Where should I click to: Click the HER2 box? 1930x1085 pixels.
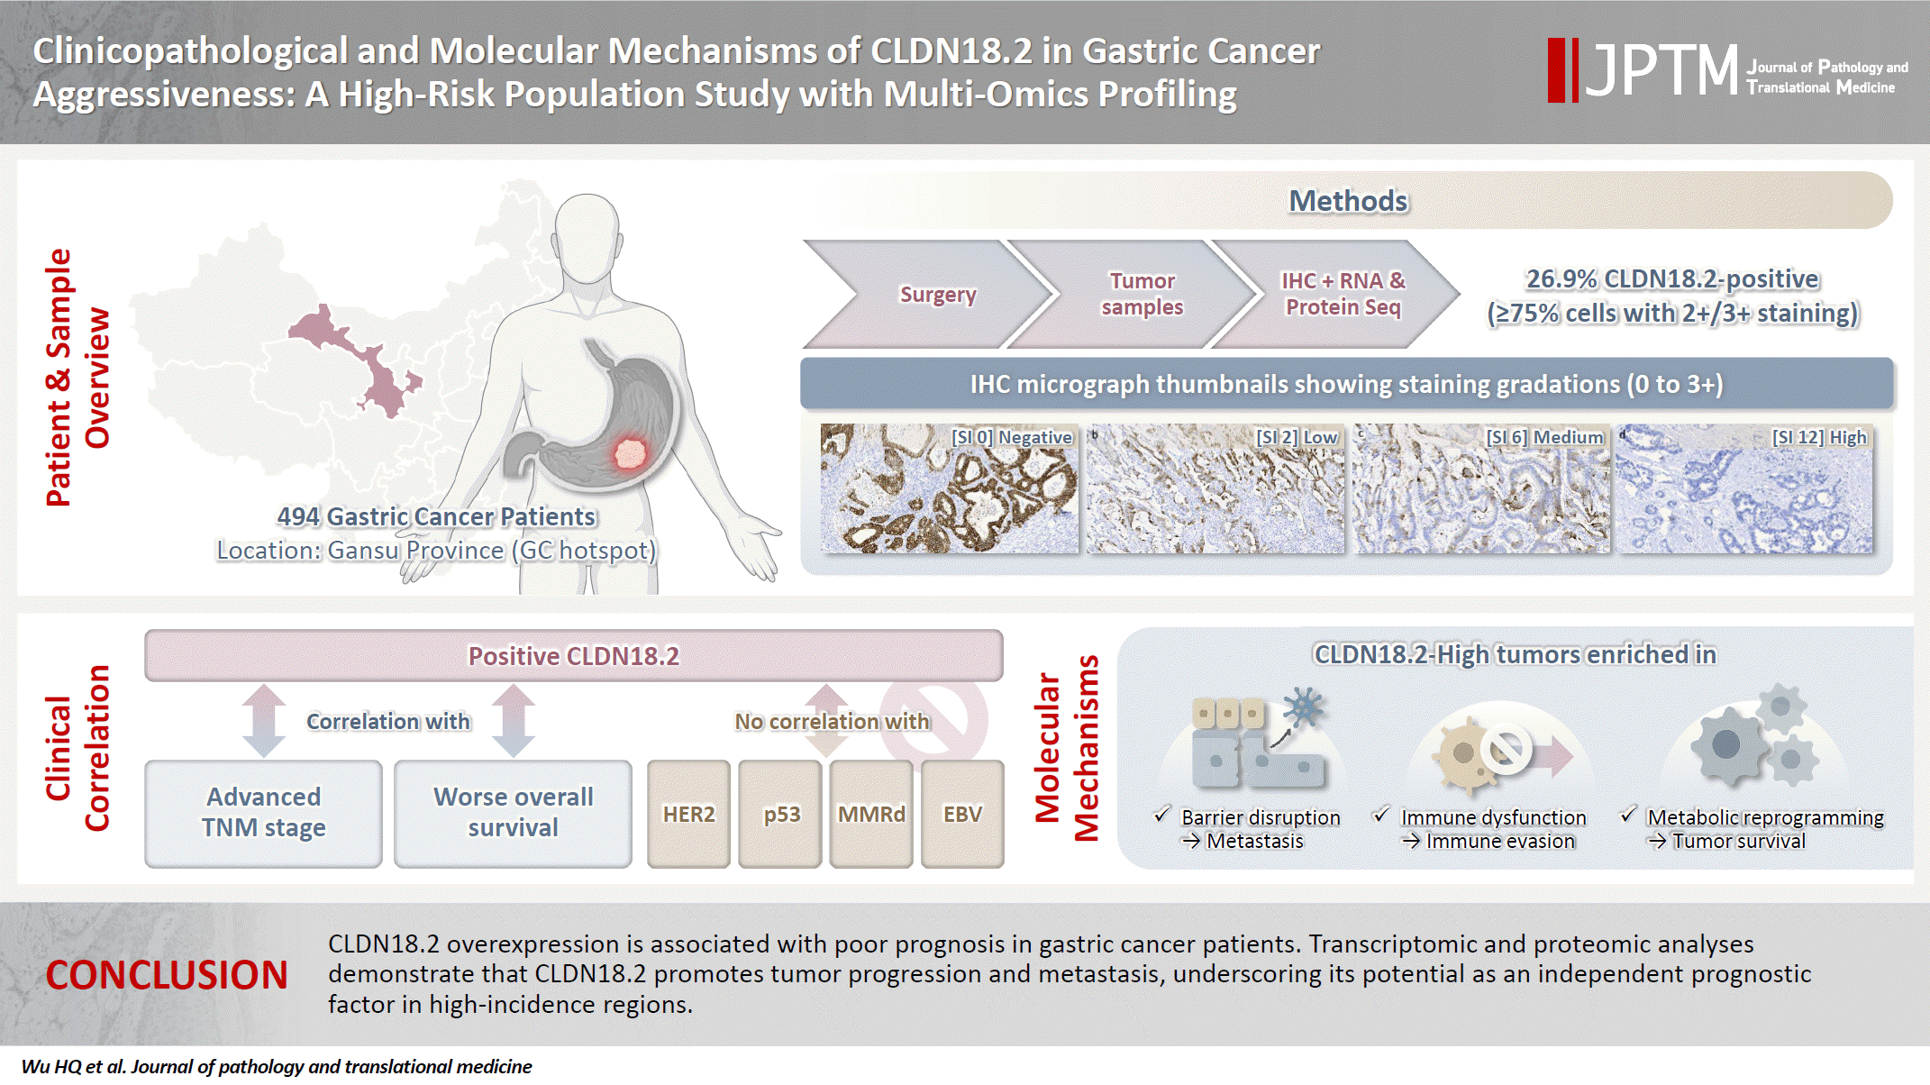[x=688, y=814]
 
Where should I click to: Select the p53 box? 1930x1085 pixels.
[x=780, y=814]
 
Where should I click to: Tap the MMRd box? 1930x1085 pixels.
[x=871, y=814]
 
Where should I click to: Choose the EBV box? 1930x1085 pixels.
[x=962, y=814]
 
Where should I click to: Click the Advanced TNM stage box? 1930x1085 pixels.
[x=263, y=814]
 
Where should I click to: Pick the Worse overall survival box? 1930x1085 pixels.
[x=513, y=814]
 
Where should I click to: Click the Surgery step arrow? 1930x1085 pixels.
[x=928, y=294]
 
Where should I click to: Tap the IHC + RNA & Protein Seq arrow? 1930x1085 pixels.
[x=1339, y=294]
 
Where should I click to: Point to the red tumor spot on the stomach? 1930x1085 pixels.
[x=630, y=452]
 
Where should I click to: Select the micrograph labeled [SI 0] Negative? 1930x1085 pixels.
[x=950, y=488]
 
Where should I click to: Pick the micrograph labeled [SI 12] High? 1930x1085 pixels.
[x=1744, y=488]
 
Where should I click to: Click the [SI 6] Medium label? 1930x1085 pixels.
[x=1545, y=437]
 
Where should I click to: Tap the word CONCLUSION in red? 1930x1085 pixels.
[x=167, y=975]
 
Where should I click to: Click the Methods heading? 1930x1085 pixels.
[x=1348, y=200]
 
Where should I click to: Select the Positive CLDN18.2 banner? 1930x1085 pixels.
[x=574, y=655]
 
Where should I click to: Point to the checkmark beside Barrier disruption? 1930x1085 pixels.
[x=1162, y=815]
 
